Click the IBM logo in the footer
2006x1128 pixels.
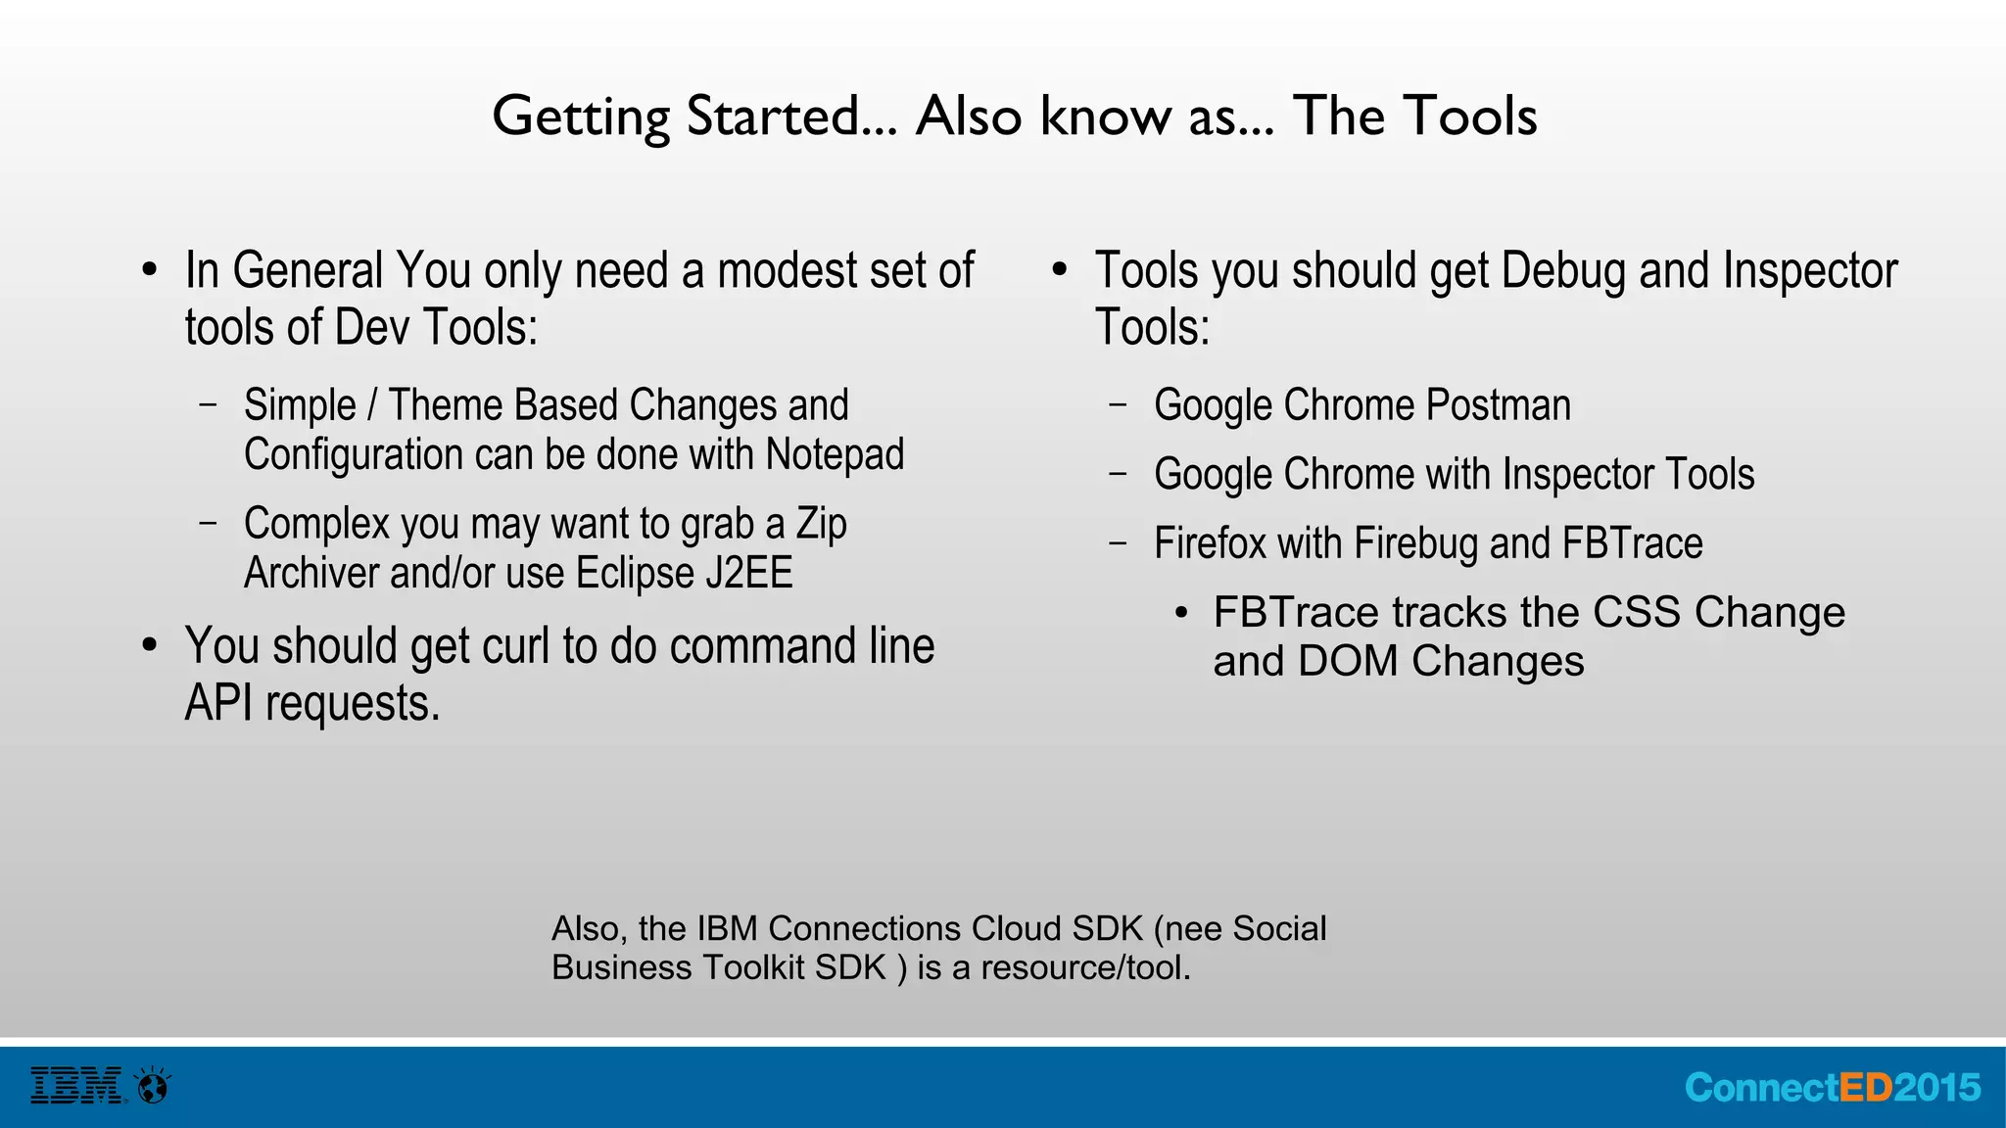point(76,1086)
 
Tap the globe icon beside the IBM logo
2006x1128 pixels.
point(154,1086)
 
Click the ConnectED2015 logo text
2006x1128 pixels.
point(1833,1088)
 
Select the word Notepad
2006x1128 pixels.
point(835,454)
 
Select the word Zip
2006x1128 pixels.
point(821,524)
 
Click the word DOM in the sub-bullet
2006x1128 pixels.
point(1348,662)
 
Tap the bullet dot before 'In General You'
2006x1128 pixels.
point(149,270)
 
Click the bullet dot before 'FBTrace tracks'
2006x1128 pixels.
point(1181,614)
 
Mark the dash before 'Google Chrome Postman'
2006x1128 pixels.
point(1119,403)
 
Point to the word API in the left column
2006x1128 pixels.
point(218,704)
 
